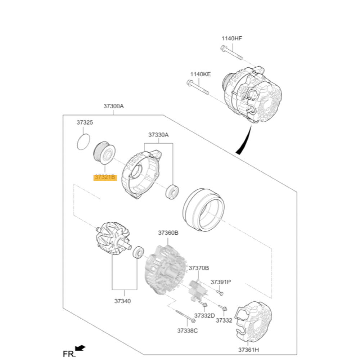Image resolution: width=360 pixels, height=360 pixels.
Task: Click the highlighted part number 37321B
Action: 104,177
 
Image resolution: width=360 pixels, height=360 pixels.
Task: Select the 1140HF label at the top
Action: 231,38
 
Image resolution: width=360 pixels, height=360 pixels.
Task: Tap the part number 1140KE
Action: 201,74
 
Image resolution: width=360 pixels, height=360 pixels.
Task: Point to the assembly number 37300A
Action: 113,106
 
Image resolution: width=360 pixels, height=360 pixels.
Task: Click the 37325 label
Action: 85,122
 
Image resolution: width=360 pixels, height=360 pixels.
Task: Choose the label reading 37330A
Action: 158,135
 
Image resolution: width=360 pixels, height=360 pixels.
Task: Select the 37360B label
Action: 168,233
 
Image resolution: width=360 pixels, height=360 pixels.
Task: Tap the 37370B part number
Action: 199,268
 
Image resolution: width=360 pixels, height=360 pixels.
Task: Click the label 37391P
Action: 221,282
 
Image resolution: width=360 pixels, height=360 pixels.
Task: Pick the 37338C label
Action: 187,330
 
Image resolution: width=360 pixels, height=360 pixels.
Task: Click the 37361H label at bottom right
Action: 248,350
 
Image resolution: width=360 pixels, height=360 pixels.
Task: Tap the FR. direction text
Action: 69,354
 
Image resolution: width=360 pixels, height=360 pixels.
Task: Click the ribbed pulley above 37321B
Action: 104,153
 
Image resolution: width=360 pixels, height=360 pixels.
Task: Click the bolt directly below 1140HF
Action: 231,53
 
